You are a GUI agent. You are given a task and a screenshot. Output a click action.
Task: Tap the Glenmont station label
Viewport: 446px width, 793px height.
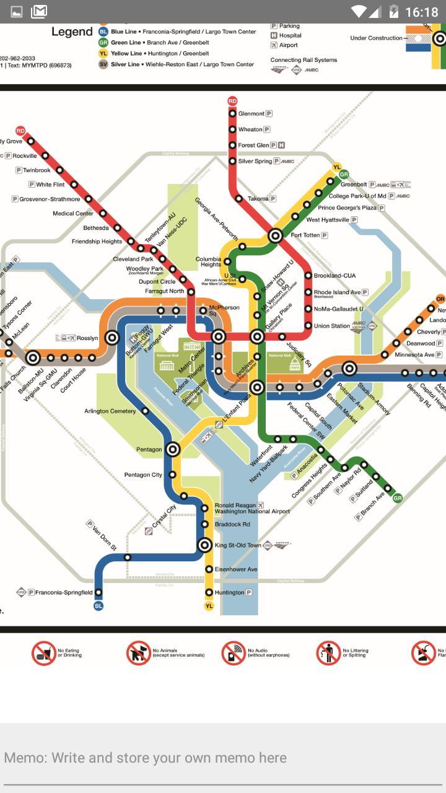pos(251,113)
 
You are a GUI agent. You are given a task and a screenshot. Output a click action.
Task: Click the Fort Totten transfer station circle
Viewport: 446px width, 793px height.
pos(276,235)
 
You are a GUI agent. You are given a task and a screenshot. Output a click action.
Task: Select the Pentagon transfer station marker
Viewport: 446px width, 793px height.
pos(173,449)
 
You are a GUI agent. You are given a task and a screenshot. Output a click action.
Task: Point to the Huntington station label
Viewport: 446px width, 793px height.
pos(230,592)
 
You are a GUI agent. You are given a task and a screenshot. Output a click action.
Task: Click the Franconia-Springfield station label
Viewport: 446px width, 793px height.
pos(64,592)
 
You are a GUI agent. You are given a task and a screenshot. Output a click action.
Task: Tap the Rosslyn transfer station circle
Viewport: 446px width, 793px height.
pos(112,338)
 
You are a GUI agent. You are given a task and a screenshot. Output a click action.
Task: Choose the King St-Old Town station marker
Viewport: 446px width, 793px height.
pos(205,545)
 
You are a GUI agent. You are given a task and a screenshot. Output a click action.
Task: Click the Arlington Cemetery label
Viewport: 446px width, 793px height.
pos(110,411)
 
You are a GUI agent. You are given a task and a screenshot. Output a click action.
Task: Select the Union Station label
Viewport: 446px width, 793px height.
pos(332,326)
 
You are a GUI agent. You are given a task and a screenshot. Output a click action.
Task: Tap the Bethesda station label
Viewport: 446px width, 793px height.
pos(96,228)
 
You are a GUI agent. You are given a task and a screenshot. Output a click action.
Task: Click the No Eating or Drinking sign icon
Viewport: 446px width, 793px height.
pos(44,653)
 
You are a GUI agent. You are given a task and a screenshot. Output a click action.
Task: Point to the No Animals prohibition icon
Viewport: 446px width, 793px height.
pos(138,653)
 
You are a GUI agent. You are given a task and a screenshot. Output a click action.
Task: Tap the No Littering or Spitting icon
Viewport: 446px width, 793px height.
pos(328,653)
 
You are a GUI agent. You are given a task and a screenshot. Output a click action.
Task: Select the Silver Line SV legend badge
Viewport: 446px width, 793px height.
pos(103,64)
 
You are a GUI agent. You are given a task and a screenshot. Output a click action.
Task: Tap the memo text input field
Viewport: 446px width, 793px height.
pos(223,758)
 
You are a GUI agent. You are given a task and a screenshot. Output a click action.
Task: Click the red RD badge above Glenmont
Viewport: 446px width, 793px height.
pos(232,100)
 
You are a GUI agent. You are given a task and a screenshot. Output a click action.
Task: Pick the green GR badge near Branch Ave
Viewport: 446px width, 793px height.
pos(398,497)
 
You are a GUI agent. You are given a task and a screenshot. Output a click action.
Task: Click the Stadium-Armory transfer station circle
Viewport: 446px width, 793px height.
pos(349,369)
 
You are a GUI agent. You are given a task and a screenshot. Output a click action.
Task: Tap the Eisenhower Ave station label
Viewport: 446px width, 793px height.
pos(235,569)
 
